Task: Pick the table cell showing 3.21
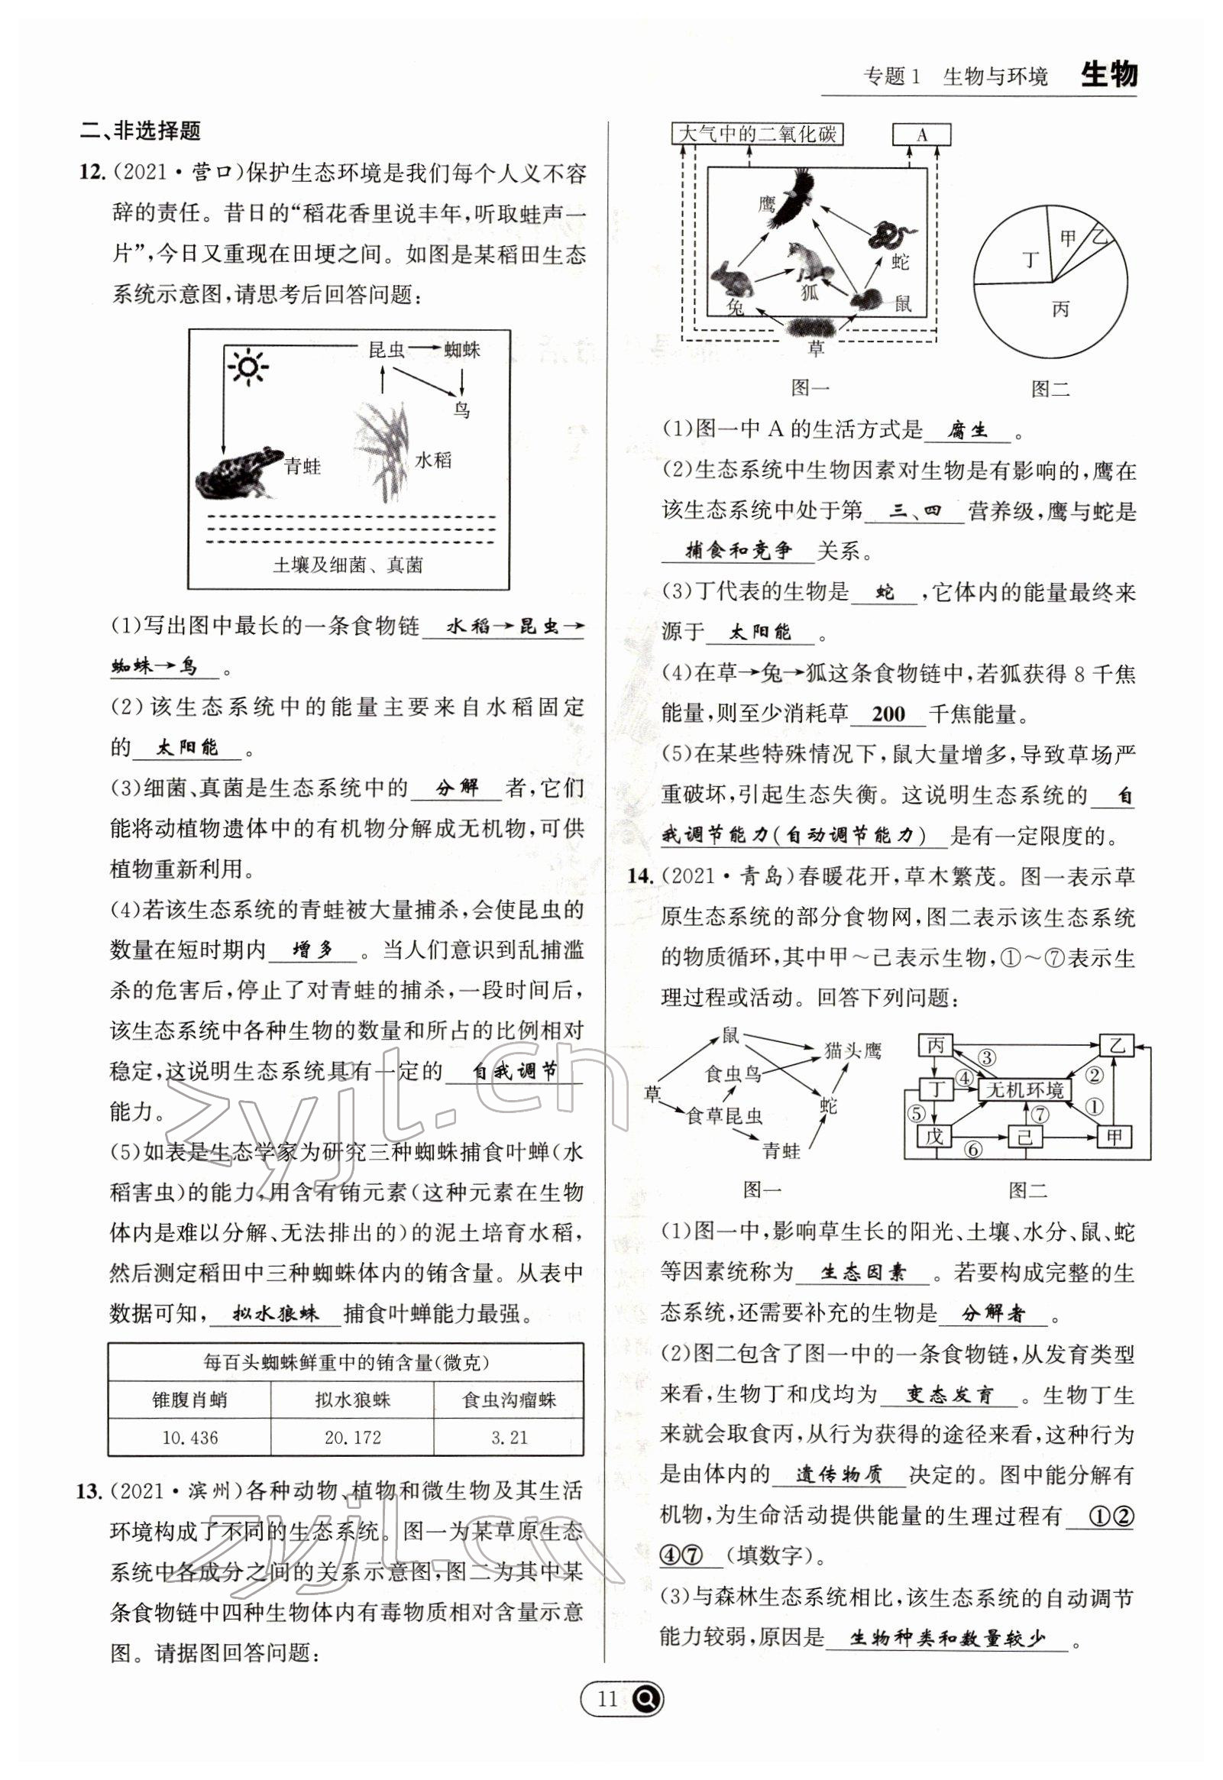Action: click(508, 1438)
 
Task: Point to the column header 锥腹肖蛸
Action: click(189, 1400)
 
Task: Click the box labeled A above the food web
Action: click(921, 135)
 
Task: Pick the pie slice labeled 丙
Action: click(1060, 314)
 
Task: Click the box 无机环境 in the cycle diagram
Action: click(1025, 1089)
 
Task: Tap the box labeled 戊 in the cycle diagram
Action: click(933, 1136)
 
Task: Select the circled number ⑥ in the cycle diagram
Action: click(972, 1149)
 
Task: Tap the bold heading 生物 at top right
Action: click(1108, 75)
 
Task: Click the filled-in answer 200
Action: click(888, 714)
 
